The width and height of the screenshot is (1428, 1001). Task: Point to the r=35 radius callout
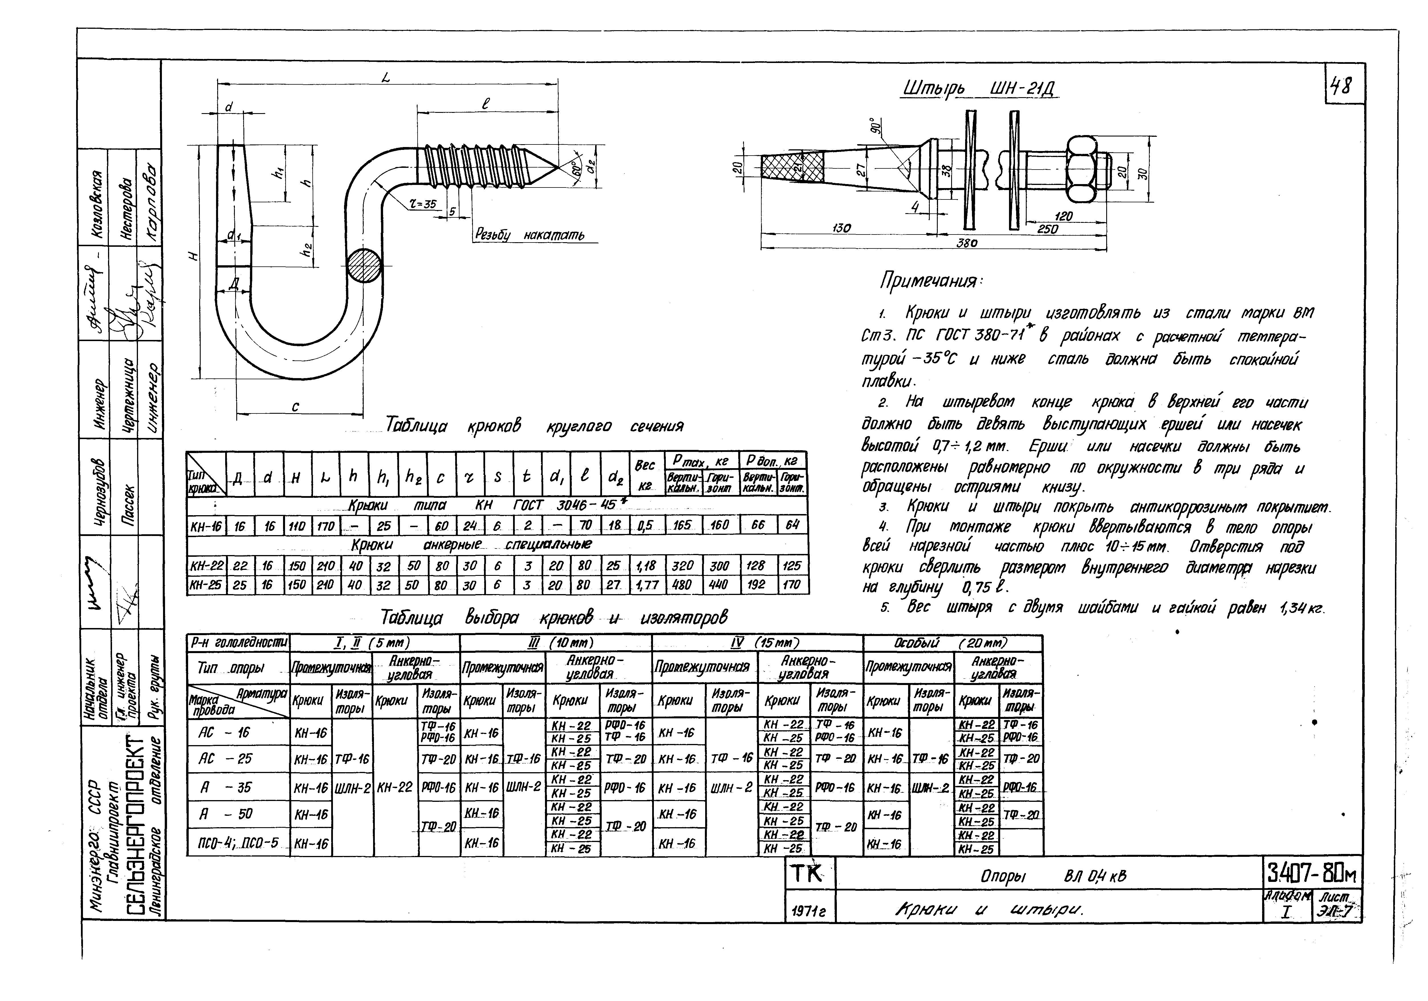423,203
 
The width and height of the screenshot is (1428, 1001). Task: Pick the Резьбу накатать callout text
529,235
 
